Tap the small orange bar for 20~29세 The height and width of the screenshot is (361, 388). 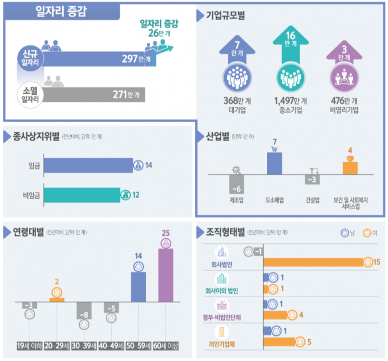[x=56, y=299]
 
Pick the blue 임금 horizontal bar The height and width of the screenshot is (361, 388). [x=88, y=166]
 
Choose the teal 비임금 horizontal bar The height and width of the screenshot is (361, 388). [x=82, y=195]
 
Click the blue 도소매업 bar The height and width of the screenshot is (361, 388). [x=274, y=163]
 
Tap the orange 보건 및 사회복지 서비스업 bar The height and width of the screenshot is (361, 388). [x=350, y=168]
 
